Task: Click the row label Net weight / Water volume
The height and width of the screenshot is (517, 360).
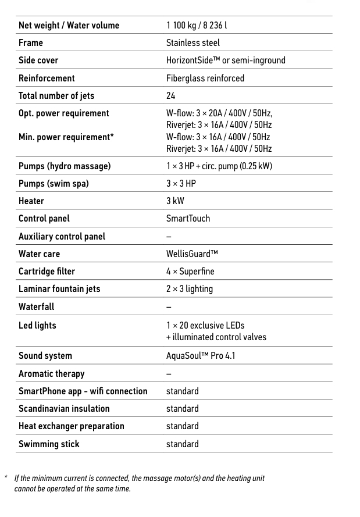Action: click(69, 25)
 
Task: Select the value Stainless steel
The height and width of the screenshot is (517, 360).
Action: click(193, 42)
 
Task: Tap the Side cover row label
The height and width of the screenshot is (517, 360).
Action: click(38, 60)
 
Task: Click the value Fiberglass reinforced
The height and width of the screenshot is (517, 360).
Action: click(205, 78)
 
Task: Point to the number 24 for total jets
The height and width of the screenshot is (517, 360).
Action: click(170, 95)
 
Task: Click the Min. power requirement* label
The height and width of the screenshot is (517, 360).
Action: click(66, 137)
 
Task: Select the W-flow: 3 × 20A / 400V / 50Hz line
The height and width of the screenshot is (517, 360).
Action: click(219, 113)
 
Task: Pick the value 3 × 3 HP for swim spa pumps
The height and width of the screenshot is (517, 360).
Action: click(181, 184)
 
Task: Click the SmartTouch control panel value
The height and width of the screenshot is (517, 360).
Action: click(188, 219)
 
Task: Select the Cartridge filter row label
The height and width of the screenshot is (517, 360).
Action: click(47, 272)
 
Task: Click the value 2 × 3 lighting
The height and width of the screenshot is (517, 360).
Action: click(189, 289)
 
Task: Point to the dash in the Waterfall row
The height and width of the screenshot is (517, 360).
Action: click(169, 306)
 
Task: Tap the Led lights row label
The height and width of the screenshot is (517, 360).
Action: click(37, 325)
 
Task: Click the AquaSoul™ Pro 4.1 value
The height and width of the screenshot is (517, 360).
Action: click(201, 355)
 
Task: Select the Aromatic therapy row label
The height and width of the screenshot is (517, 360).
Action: click(51, 373)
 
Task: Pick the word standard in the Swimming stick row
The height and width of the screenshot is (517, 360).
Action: click(182, 444)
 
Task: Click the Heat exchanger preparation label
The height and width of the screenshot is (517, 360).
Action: click(71, 426)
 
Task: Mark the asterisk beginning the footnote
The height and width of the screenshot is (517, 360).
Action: click(6, 477)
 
